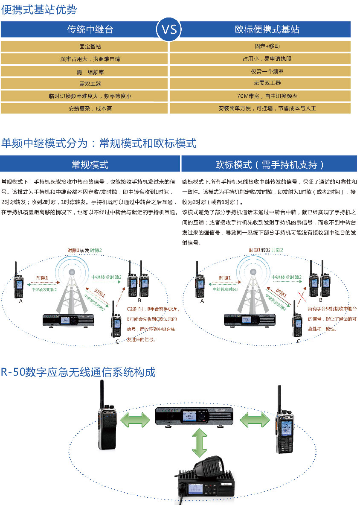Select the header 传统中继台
point(90,29)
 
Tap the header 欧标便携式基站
point(267,29)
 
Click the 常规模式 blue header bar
point(90,164)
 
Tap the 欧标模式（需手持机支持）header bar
point(270,164)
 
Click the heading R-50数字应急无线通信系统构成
point(78,372)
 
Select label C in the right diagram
point(298,341)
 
